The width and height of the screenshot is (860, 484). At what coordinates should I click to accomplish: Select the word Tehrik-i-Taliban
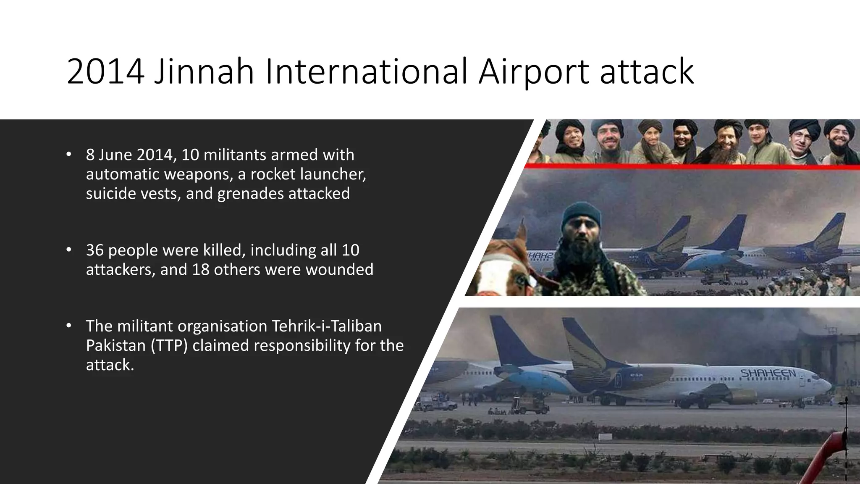coord(327,326)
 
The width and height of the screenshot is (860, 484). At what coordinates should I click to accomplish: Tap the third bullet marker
coord(69,326)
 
